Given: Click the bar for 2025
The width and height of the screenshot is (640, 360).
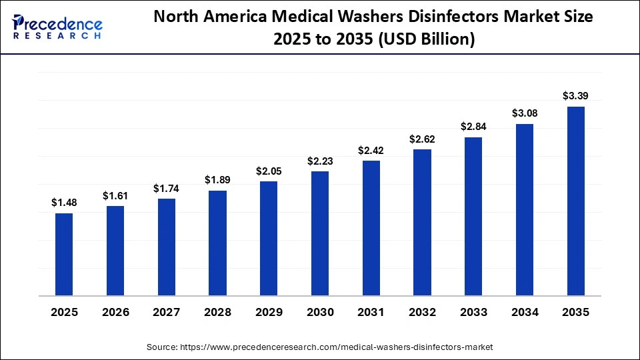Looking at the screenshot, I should (64, 254).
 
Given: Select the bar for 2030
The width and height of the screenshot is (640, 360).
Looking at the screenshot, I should (319, 233).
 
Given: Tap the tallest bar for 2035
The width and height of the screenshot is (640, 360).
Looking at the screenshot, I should (575, 201).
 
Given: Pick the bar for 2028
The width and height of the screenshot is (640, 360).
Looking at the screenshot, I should (217, 243).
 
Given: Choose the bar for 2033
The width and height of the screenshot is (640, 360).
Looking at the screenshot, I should (473, 216).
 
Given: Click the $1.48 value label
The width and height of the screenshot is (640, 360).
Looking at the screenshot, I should (64, 203).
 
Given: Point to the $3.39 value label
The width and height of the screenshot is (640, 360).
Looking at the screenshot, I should (575, 96).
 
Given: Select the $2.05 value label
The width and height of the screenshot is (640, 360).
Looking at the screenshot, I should (269, 171).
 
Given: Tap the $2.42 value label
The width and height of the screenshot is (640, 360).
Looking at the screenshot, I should (371, 151).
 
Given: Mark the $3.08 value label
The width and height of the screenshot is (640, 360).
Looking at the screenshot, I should (524, 113).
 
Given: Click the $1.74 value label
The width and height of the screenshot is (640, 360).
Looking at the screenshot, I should (166, 189).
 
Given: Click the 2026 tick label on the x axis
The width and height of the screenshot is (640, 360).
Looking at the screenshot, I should (115, 313).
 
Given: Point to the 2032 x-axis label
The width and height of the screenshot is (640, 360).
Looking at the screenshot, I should (422, 313).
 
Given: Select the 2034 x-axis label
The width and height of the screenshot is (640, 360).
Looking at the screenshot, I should (524, 313).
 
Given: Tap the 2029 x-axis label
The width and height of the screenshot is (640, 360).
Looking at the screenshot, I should (269, 313).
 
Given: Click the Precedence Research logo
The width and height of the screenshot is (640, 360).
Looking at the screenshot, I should (57, 27).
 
